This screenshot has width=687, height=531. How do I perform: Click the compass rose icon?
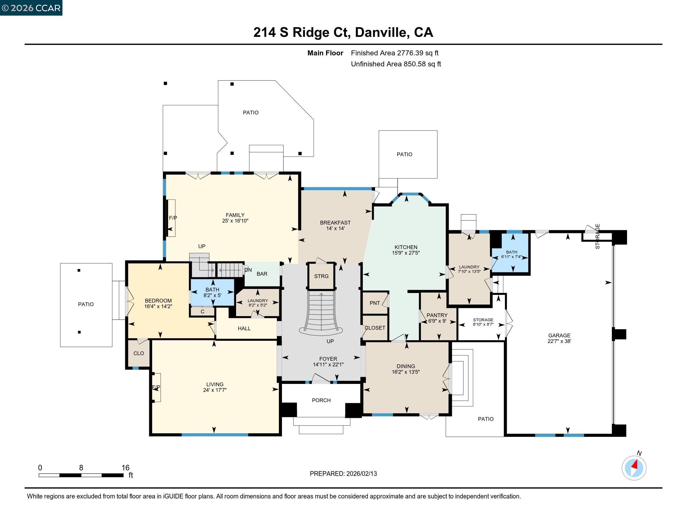(634, 468)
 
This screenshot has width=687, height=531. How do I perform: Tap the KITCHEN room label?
(406, 247)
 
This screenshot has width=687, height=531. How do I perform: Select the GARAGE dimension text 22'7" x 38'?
(559, 341)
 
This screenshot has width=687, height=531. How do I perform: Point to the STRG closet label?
(321, 276)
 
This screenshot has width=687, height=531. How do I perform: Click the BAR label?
(262, 274)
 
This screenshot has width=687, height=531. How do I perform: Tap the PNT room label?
(375, 303)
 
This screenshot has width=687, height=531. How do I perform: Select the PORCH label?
(321, 400)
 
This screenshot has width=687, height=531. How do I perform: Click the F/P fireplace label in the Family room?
(173, 218)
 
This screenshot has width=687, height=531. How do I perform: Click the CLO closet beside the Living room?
(138, 353)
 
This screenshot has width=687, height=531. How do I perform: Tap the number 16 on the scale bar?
(126, 468)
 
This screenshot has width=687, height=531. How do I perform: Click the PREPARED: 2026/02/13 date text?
(343, 474)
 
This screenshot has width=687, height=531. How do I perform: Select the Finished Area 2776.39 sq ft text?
(394, 53)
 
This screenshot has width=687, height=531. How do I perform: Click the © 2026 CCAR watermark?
(31, 8)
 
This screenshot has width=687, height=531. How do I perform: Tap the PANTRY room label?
(437, 315)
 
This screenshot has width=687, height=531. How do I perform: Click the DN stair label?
(248, 270)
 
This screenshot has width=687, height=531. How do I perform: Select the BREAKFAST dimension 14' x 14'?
(335, 228)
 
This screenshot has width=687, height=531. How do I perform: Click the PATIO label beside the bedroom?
(86, 304)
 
